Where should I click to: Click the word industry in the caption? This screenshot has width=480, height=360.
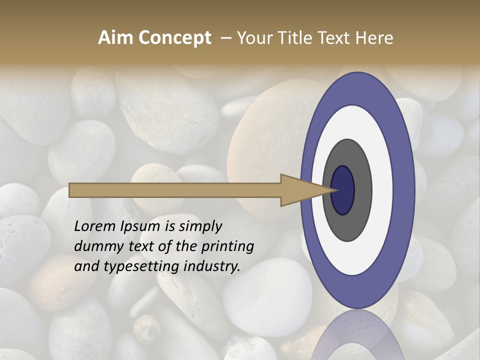[212, 266]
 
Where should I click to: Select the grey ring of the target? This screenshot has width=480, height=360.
[362, 190]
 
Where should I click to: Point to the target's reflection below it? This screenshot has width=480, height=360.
[357, 335]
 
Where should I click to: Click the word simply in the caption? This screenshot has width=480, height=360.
[200, 226]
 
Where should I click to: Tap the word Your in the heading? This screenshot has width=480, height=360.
[253, 38]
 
